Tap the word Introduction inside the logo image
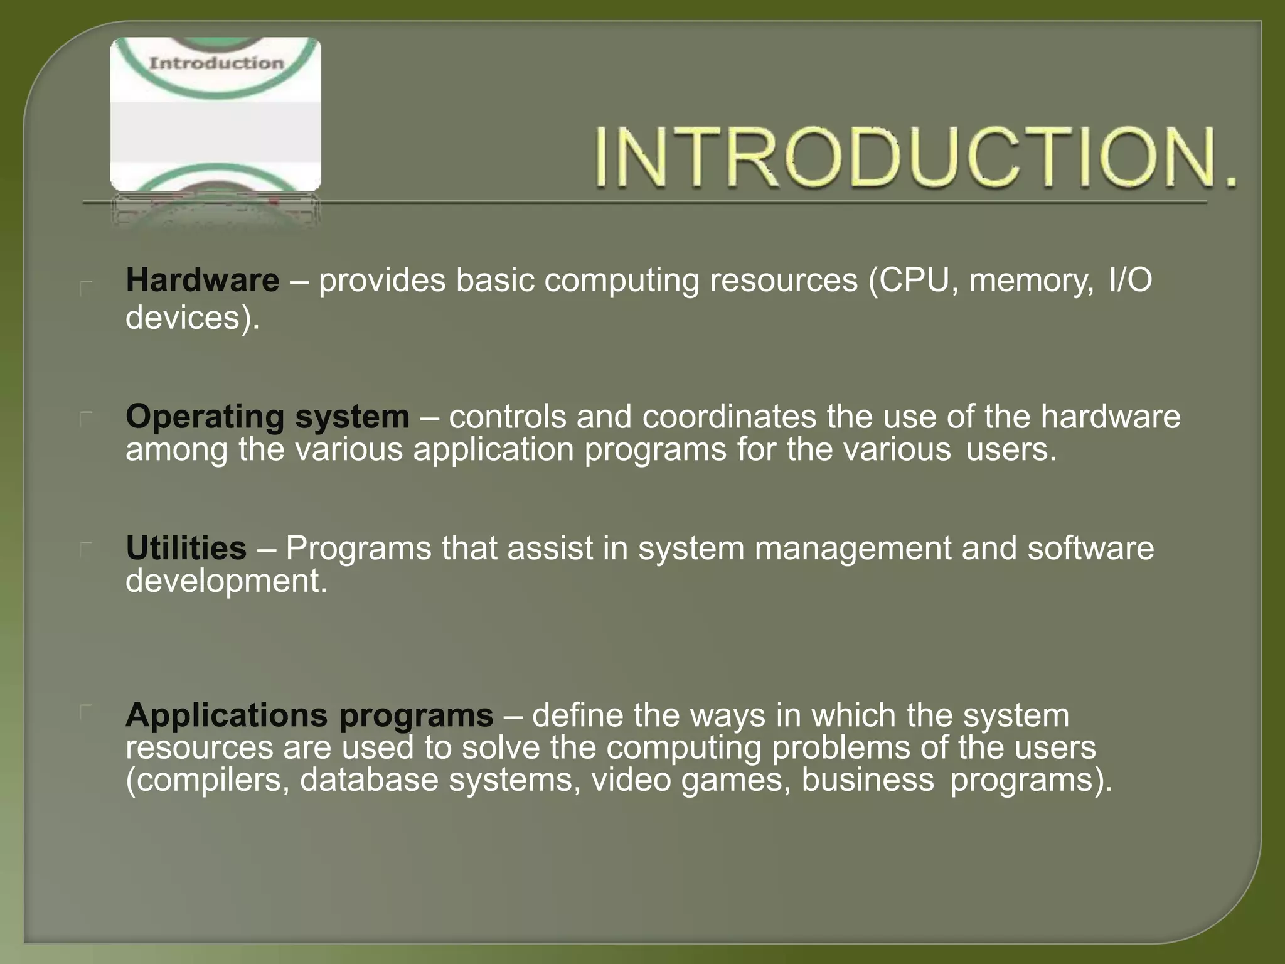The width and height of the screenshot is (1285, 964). point(216,63)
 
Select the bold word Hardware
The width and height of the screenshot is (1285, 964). point(202,280)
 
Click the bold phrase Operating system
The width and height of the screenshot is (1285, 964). point(267,416)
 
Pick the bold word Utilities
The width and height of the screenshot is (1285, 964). point(186,548)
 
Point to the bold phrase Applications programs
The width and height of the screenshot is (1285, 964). point(309,715)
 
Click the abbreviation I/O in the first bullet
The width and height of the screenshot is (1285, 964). point(1130,280)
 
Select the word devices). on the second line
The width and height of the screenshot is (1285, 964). point(192,318)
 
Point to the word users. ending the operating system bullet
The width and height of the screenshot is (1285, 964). point(1011,449)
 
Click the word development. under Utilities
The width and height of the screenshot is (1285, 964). point(226,581)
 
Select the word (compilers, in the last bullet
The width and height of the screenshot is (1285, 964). point(208,780)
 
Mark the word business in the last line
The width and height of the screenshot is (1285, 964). point(868,780)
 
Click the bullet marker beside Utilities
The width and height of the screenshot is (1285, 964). point(87,549)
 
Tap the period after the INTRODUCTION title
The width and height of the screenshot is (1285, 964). point(1231,183)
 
